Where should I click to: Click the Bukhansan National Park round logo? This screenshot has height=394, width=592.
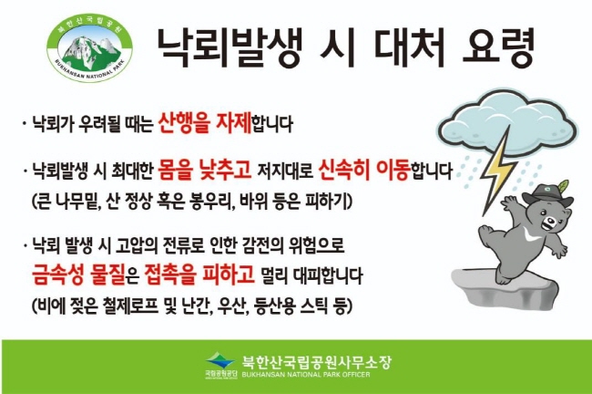pyautogui.click(x=90, y=49)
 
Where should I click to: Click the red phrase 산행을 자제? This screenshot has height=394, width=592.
pyautogui.click(x=205, y=123)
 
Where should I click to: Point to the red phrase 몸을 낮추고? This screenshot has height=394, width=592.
pyautogui.click(x=205, y=170)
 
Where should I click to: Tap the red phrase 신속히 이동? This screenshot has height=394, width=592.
pyautogui.click(x=364, y=170)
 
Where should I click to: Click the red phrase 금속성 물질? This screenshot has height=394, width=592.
pyautogui.click(x=78, y=275)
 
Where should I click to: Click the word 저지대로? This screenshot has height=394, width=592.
pyautogui.click(x=285, y=171)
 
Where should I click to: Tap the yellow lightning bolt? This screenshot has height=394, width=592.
pyautogui.click(x=497, y=170)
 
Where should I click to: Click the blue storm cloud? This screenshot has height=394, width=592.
pyautogui.click(x=508, y=121)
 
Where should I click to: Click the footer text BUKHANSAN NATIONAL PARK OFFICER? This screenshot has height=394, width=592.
pyautogui.click(x=306, y=375)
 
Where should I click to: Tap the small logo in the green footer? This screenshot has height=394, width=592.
pyautogui.click(x=221, y=365)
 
